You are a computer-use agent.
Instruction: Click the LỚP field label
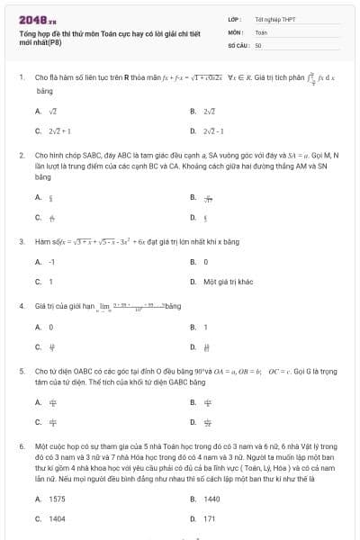click(x=234, y=18)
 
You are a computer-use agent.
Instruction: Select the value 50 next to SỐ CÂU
click(x=258, y=44)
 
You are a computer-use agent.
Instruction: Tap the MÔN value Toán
click(x=261, y=31)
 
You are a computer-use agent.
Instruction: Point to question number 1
click(x=21, y=78)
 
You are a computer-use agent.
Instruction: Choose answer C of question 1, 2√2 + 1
click(x=58, y=131)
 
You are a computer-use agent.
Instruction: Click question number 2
click(x=21, y=155)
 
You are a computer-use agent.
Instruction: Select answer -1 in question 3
click(x=52, y=262)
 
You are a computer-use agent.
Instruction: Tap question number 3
click(x=21, y=241)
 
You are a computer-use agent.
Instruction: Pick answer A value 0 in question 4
click(x=51, y=327)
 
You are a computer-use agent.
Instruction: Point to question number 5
click(x=21, y=370)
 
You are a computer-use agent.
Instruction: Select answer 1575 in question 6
click(x=57, y=499)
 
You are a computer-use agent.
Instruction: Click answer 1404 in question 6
click(x=57, y=518)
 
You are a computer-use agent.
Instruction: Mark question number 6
click(x=21, y=445)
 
